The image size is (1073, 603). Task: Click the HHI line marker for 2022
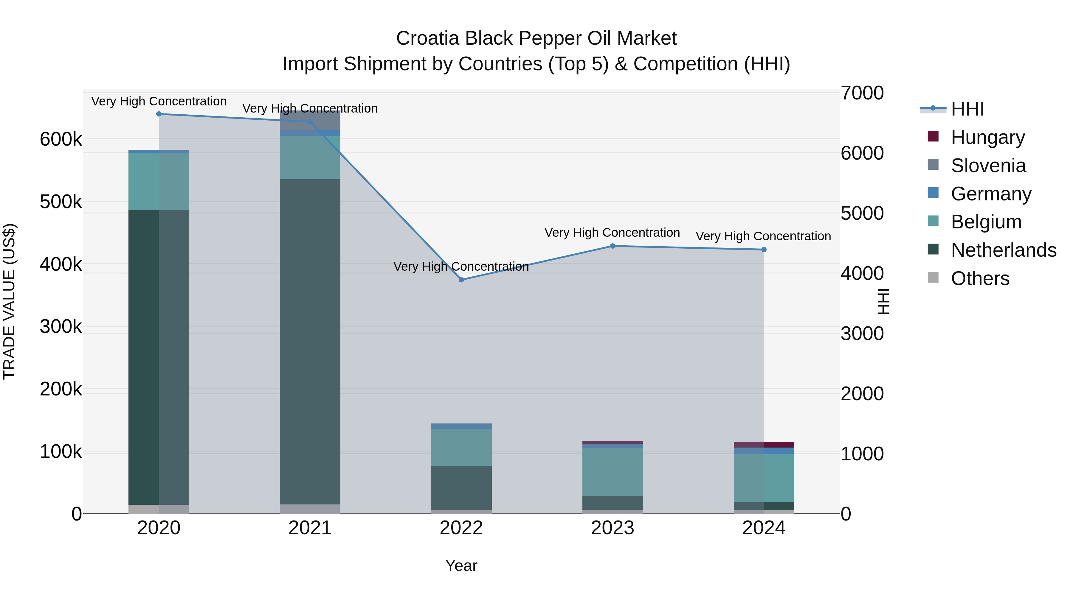point(461,280)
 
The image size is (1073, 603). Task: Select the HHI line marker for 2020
point(159,114)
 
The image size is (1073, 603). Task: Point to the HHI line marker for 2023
point(612,246)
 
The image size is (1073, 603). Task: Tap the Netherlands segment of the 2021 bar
point(310,341)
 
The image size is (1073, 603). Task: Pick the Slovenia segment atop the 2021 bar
point(310,120)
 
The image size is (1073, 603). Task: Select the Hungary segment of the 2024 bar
point(764,445)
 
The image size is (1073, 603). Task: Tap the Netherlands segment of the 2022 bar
point(461,488)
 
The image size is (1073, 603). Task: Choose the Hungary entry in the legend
point(987,137)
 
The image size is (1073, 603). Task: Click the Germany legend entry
point(990,194)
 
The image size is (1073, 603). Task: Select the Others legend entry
point(980,278)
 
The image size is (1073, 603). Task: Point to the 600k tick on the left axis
point(61,139)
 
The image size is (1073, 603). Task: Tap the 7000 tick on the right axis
point(861,93)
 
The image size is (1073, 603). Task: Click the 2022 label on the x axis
point(461,528)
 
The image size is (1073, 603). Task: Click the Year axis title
point(461,565)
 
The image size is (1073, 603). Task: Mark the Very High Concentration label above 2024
point(763,236)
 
